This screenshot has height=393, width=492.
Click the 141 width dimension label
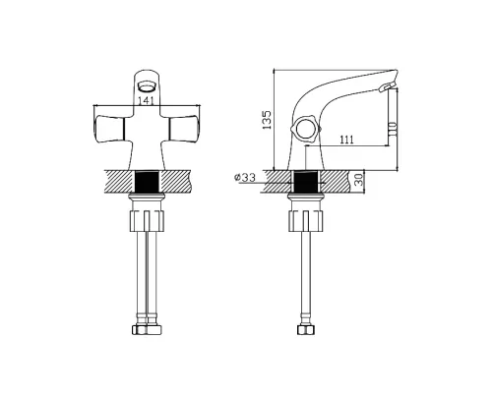[147, 101]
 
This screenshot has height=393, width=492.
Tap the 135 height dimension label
[268, 120]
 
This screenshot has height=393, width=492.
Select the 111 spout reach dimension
[346, 140]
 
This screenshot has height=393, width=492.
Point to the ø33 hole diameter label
[245, 178]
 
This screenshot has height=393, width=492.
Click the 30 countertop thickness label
[360, 180]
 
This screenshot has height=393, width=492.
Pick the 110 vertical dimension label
[393, 129]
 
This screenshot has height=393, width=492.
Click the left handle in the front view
[108, 129]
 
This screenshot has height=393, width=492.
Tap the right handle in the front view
[184, 129]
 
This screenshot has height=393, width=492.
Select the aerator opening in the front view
[147, 86]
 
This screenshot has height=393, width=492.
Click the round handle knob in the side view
[305, 129]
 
